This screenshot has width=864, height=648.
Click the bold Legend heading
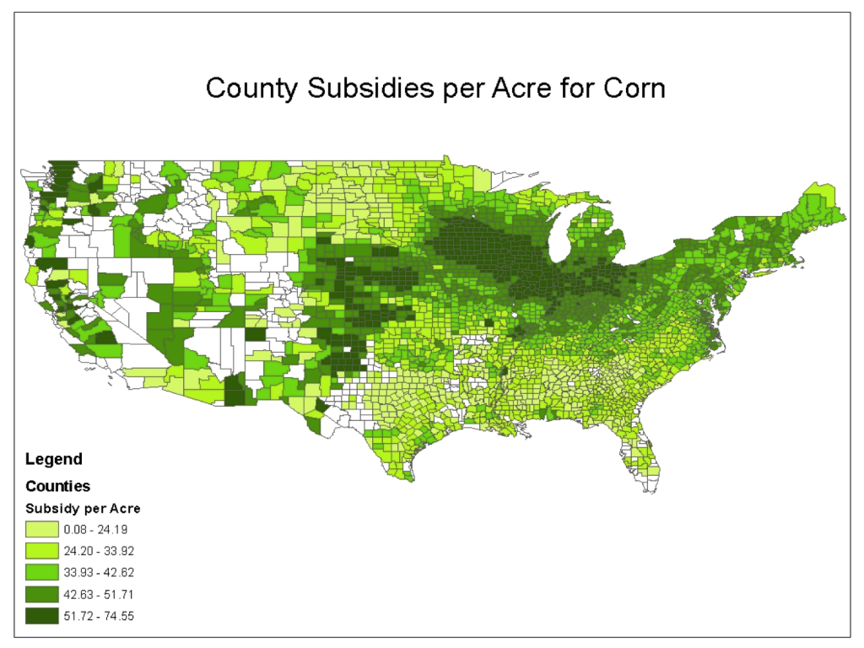(54, 460)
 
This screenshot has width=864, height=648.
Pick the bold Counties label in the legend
(57, 487)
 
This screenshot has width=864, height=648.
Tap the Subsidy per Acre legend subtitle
(83, 509)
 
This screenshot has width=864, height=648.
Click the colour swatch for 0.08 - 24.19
(42, 530)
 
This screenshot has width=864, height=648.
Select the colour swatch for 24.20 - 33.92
(42, 551)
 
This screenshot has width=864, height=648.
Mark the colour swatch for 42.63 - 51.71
(42, 594)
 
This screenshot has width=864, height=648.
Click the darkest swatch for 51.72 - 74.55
(42, 616)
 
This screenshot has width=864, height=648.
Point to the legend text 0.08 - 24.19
(100, 530)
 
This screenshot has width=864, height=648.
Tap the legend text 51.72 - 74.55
(100, 616)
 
